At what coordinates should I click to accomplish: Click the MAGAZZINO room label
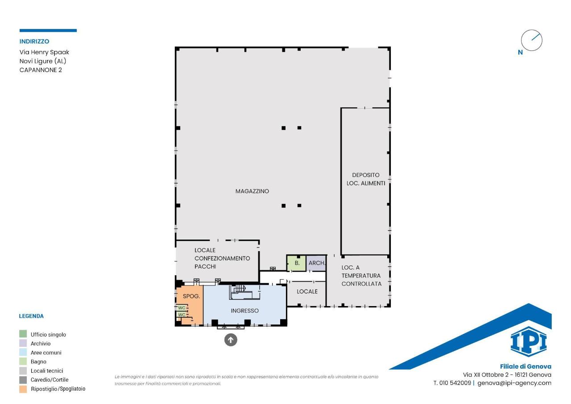tap(252, 191)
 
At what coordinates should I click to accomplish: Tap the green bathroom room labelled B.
tap(296, 263)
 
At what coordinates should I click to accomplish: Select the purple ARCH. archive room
tap(316, 263)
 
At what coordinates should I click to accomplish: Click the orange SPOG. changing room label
tap(191, 296)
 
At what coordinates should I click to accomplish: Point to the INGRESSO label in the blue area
tap(245, 311)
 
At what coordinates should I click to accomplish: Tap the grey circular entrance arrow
tap(231, 340)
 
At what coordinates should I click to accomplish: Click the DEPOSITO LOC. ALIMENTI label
tap(366, 179)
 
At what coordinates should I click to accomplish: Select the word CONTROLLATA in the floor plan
tap(361, 284)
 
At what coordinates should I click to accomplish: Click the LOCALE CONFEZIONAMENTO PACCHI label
tap(222, 258)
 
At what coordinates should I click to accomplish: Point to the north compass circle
tap(532, 40)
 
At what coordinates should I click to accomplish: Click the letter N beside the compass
tap(521, 52)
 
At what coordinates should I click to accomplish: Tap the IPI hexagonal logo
tap(529, 341)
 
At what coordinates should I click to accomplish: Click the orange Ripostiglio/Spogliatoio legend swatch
tap(23, 389)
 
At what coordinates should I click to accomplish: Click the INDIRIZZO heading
tap(34, 42)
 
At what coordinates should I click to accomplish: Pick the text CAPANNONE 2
tap(41, 70)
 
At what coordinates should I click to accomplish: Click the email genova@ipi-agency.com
tap(514, 383)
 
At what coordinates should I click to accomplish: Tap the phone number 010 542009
tap(455, 383)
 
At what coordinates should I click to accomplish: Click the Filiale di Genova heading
tap(525, 366)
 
